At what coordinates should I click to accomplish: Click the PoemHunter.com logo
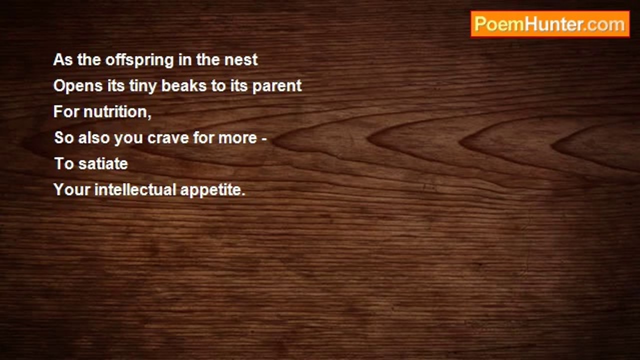550,24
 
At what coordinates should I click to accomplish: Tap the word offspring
139,60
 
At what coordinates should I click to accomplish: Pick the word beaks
184,85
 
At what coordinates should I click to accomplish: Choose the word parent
277,87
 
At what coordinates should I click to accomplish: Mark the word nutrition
115,111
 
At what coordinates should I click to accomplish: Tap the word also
94,137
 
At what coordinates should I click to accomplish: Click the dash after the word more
264,139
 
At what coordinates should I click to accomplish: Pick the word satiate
103,163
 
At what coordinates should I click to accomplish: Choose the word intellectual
135,189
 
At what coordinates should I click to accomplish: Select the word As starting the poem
63,60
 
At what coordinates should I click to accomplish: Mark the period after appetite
243,195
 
